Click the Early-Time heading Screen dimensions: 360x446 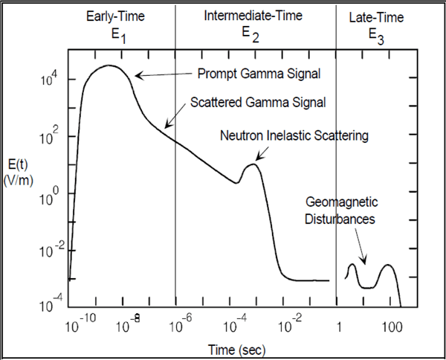(115, 16)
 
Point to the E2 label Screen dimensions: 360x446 (249, 33)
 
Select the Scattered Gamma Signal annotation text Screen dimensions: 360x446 (259, 100)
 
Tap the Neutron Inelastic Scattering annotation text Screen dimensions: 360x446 (294, 136)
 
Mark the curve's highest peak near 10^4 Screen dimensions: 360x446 (110, 65)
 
